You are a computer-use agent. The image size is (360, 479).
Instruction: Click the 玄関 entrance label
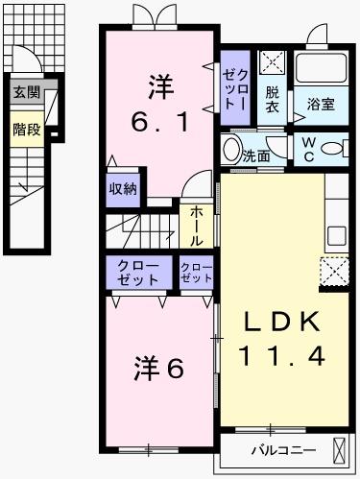(26, 92)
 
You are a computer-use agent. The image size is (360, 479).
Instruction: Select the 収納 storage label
(123, 188)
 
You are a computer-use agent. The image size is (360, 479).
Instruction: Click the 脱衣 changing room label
(273, 99)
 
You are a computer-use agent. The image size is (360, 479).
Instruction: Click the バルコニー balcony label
(278, 448)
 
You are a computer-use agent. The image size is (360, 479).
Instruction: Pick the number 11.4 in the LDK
(282, 354)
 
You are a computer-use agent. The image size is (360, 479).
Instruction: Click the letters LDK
(282, 321)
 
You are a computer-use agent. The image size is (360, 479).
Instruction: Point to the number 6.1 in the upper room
(158, 123)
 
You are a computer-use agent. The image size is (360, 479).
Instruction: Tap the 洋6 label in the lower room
(156, 368)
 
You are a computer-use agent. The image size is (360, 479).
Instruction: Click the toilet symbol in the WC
(333, 149)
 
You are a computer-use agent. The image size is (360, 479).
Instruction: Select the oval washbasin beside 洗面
(231, 150)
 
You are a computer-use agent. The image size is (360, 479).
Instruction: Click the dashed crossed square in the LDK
(335, 273)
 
